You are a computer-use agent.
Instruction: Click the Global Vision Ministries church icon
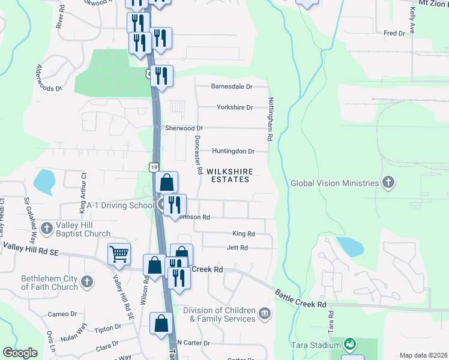(x=388, y=182)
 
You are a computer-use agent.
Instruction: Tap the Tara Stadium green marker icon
(x=349, y=344)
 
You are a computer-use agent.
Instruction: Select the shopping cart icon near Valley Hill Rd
(x=119, y=254)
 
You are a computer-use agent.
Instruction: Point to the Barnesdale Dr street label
(x=232, y=86)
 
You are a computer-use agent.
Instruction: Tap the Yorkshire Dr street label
(x=235, y=107)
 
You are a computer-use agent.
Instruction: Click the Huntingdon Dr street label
(x=233, y=151)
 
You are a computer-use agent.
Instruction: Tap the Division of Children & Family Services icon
(x=264, y=314)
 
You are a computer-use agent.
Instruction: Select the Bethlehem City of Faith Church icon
(x=87, y=281)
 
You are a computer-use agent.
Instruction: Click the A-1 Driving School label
(x=120, y=205)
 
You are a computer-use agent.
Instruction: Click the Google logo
(x=20, y=353)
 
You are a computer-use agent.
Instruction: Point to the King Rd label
(x=243, y=233)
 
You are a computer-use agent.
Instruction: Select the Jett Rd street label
(x=237, y=247)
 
